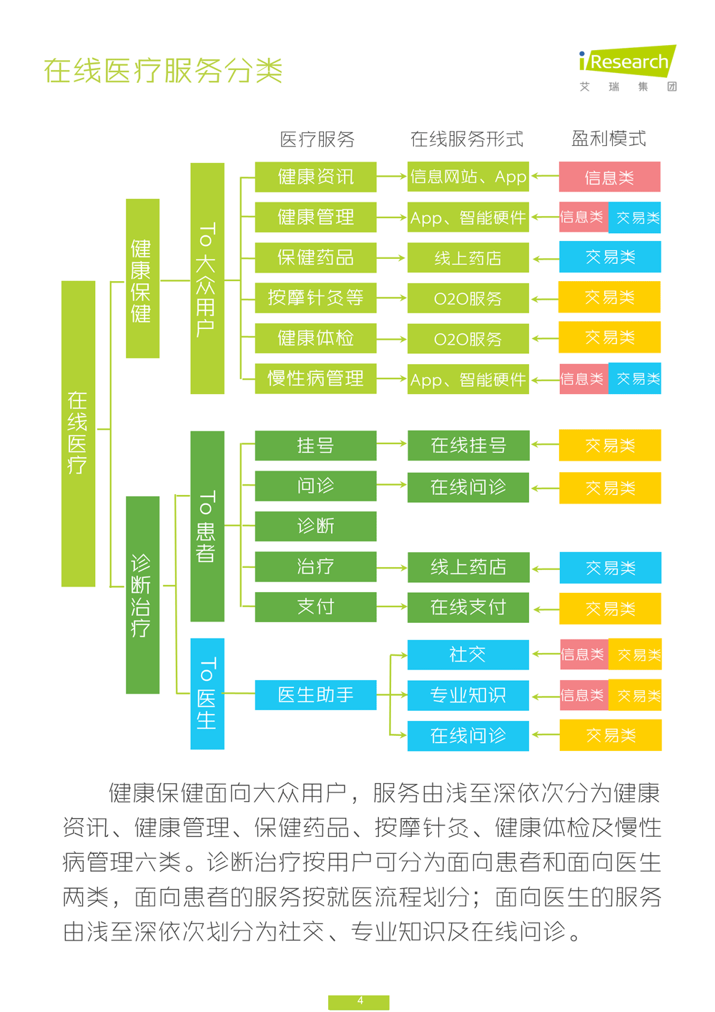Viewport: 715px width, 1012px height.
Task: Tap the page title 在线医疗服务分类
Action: pos(163,71)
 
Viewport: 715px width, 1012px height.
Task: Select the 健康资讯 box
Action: pos(315,177)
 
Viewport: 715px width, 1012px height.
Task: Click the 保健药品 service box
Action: pos(315,257)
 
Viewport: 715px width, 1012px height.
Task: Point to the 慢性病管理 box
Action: pos(315,378)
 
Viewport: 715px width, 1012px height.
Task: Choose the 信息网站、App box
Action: pos(468,177)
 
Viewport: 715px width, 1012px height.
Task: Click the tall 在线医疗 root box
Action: pos(78,433)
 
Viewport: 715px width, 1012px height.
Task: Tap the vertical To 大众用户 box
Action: pos(207,278)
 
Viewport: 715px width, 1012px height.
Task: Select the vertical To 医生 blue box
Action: pos(207,694)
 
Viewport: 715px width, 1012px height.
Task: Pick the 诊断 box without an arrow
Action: pos(315,526)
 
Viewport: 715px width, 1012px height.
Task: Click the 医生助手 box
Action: pos(315,694)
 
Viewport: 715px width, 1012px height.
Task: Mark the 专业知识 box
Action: pos(468,695)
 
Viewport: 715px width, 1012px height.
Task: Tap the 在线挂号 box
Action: pos(468,446)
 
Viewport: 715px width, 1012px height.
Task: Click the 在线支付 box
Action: pos(468,607)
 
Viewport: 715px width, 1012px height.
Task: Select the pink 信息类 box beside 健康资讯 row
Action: pos(609,177)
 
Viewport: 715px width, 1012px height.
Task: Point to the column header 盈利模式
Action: pos(608,139)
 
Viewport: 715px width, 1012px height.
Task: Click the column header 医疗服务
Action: pos(317,139)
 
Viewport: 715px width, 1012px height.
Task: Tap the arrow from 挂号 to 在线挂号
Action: pos(392,444)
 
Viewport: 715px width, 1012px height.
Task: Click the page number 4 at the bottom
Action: pos(359,1001)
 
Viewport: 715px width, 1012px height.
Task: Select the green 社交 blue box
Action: pos(468,654)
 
